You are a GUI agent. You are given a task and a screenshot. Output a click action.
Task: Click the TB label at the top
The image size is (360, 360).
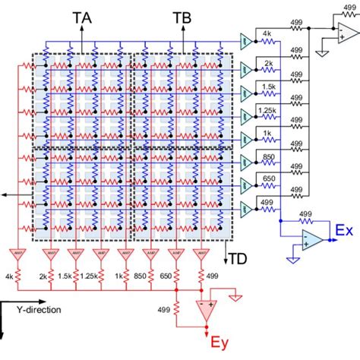point(182,17)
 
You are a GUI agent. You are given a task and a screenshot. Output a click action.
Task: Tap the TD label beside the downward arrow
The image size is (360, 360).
point(238,257)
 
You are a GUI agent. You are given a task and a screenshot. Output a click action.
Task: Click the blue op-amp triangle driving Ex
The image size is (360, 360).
point(311,240)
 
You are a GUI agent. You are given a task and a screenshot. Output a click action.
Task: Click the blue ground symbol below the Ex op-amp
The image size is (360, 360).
point(294,259)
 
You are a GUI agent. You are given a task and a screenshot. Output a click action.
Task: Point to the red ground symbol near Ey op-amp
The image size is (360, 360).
point(236,297)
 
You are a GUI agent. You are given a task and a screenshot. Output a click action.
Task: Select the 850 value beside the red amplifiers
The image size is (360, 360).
point(151,276)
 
